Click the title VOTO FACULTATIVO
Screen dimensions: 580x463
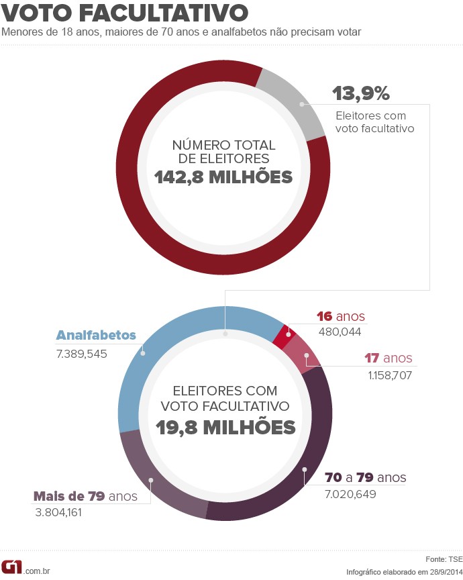click(x=125, y=13)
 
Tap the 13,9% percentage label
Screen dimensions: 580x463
click(x=361, y=93)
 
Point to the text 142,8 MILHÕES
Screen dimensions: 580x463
click(x=223, y=177)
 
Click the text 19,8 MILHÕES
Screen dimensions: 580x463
click(x=225, y=427)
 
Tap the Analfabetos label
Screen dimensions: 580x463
click(x=96, y=335)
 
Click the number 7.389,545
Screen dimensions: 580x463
click(x=82, y=353)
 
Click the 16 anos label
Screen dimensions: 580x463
click(x=341, y=317)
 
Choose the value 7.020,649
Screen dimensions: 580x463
click(x=350, y=495)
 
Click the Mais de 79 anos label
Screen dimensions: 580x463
click(x=85, y=497)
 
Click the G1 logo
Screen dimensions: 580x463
click(x=11, y=567)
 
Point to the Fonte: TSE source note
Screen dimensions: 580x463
click(x=444, y=559)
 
